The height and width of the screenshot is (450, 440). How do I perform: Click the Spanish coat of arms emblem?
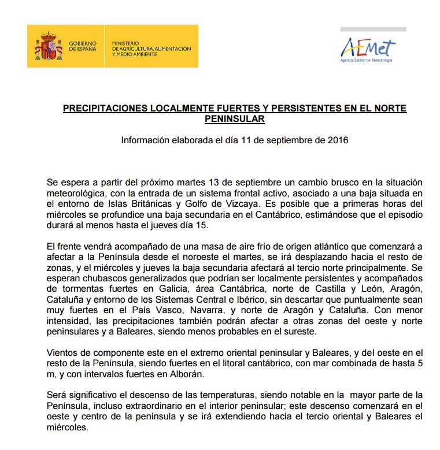point(47,46)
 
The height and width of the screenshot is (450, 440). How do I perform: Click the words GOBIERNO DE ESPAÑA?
point(83,46)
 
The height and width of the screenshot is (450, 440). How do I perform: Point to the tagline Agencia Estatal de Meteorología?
point(366,61)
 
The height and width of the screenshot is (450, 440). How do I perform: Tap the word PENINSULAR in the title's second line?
point(234,119)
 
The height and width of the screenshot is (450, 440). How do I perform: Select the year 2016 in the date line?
point(337,140)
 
